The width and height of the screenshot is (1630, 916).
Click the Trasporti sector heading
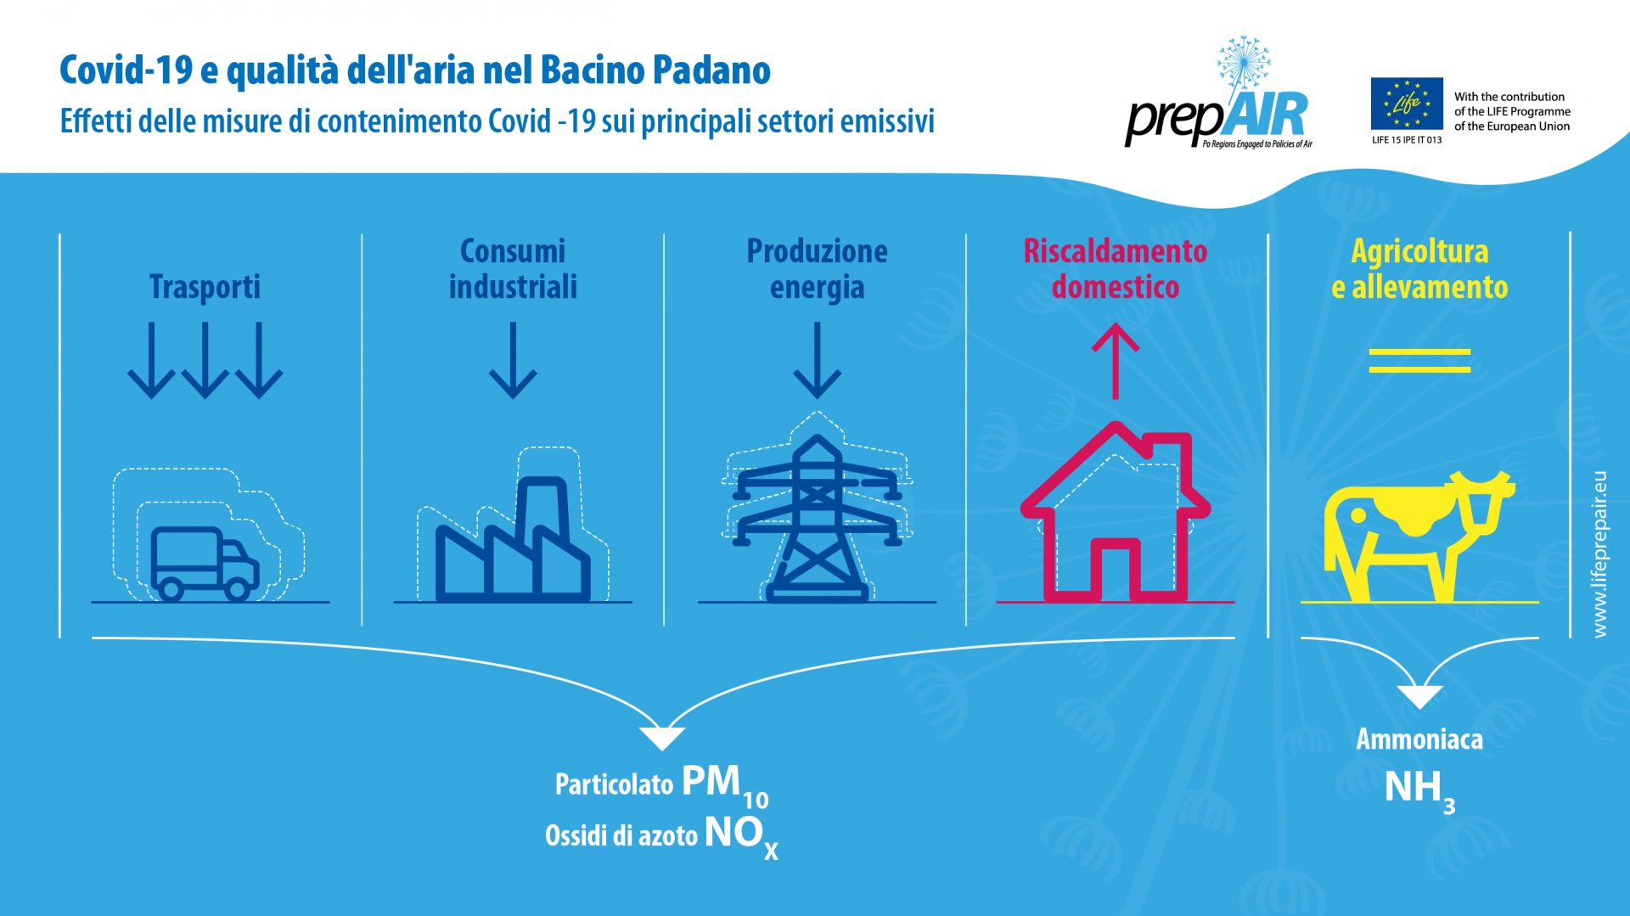point(205,287)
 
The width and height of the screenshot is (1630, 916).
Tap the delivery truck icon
point(205,564)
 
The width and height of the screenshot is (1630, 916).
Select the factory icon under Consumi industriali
point(513,539)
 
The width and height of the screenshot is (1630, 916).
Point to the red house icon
point(1115,513)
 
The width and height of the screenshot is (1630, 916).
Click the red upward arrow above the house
point(1115,362)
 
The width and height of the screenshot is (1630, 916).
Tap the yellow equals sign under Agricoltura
point(1419,361)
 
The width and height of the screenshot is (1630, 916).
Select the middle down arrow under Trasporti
point(205,360)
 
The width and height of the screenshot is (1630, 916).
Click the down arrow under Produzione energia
point(817,360)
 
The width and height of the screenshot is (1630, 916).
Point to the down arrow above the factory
point(513,360)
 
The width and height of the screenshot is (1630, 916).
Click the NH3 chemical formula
point(1419,791)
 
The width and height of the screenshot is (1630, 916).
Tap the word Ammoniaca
point(1419,739)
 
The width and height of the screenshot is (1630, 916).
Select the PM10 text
point(725,786)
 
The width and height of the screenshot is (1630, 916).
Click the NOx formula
point(741,837)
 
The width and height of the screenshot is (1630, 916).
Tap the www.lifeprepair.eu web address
point(1599,554)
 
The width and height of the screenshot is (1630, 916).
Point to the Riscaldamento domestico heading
point(1115,269)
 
